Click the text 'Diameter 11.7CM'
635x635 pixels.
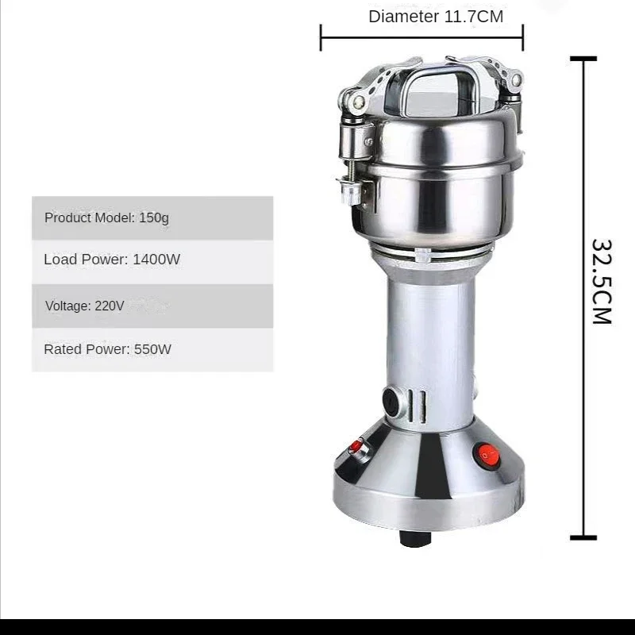(436, 17)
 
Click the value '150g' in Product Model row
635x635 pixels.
(154, 217)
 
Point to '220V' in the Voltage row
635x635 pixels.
(109, 306)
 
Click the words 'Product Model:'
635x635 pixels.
(90, 217)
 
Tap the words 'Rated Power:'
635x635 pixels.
(86, 349)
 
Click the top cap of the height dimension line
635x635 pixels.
(583, 58)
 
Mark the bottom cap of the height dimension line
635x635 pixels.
(583, 537)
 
